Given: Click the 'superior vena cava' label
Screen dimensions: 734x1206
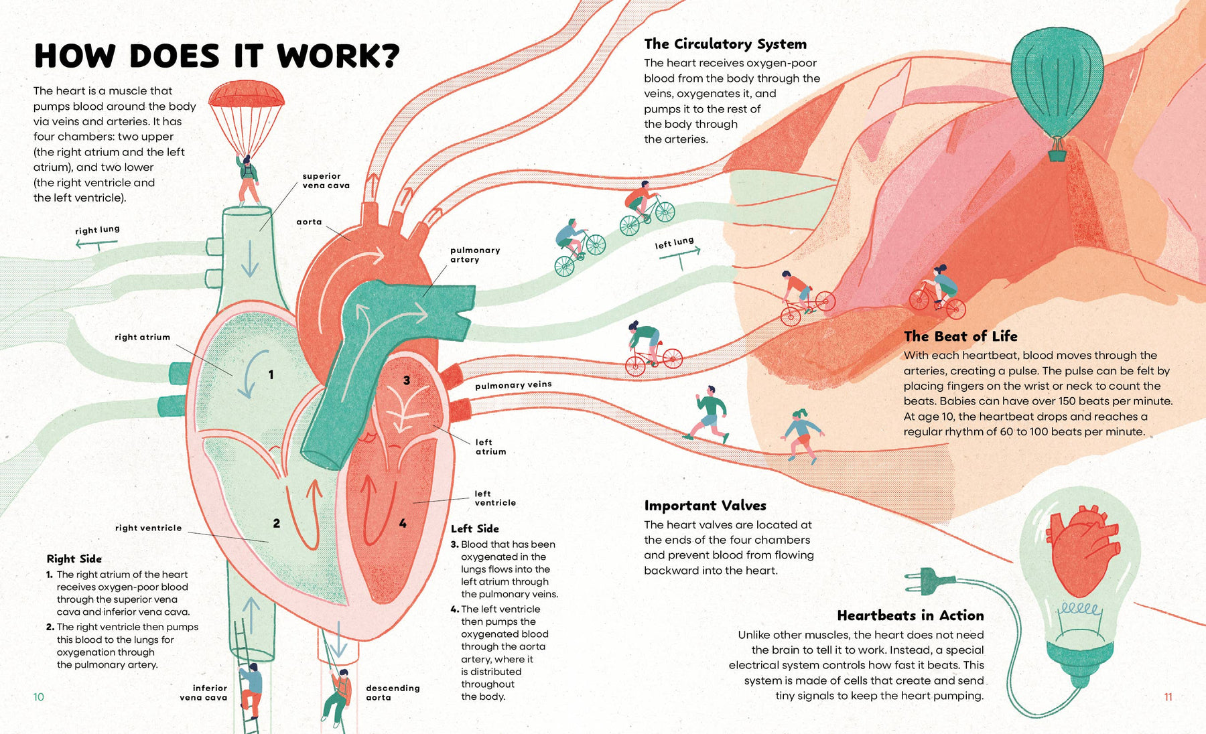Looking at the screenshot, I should (x=326, y=181).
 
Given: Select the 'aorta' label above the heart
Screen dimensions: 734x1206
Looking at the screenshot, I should (x=309, y=222).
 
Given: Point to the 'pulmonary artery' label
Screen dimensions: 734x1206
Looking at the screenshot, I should (x=474, y=254).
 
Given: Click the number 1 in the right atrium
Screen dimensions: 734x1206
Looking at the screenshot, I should (x=271, y=375).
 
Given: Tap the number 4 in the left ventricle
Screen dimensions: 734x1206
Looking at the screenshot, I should (x=403, y=523).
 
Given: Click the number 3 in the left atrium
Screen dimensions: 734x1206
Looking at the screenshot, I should (x=406, y=380).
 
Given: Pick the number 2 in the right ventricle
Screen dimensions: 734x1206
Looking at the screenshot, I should (x=276, y=523).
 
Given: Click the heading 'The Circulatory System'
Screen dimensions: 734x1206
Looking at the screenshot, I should (x=725, y=44).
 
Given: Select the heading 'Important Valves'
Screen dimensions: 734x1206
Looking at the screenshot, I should (x=705, y=506).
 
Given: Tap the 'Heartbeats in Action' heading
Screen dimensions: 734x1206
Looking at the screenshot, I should (x=910, y=615).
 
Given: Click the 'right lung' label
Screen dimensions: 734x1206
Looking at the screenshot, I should (x=97, y=230).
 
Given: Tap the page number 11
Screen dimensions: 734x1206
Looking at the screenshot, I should (x=1168, y=697).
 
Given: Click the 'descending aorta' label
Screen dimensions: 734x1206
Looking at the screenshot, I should (x=392, y=692).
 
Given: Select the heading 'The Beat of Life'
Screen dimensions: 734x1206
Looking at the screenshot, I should (x=960, y=336).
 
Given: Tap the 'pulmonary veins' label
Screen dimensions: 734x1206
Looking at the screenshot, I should (x=513, y=385).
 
